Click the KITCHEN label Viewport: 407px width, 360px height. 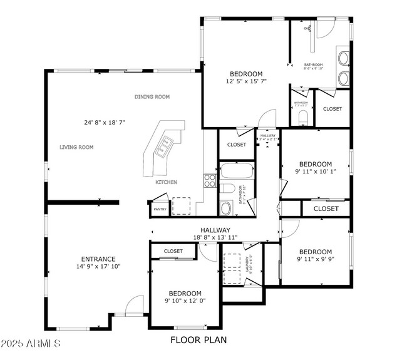167,182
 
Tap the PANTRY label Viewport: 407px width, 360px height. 160,209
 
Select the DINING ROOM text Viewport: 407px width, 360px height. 152,97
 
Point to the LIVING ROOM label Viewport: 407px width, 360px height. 76,148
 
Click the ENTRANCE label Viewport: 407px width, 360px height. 98,259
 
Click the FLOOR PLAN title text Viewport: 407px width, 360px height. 198,341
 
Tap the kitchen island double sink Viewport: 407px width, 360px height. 165,146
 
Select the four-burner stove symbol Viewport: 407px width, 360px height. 210,181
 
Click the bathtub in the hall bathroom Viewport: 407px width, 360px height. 237,171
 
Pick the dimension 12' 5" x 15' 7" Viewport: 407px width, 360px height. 245,81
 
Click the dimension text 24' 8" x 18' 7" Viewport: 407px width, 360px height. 105,123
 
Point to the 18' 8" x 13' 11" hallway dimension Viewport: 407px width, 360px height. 215,238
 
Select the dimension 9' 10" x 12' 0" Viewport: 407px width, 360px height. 184,301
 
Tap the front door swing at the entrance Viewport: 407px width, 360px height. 134,306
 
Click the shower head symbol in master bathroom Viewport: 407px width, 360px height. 307,28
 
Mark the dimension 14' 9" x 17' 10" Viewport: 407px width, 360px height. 98,267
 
